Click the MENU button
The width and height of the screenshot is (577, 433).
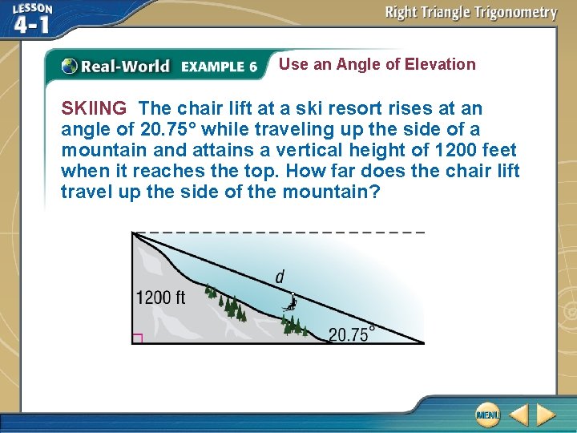click(487, 415)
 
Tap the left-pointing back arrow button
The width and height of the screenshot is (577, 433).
click(518, 415)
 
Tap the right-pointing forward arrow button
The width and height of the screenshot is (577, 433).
click(546, 415)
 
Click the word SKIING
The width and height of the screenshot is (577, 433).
click(94, 108)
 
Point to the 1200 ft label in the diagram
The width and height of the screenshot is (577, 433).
click(160, 297)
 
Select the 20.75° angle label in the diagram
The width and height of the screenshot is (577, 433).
click(351, 334)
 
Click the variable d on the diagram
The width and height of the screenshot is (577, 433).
click(280, 277)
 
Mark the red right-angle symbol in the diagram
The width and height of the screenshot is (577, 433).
click(136, 339)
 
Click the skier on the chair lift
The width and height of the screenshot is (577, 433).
click(293, 302)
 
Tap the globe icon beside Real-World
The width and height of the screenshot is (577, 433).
click(70, 67)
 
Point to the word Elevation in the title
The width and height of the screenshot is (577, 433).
click(440, 64)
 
